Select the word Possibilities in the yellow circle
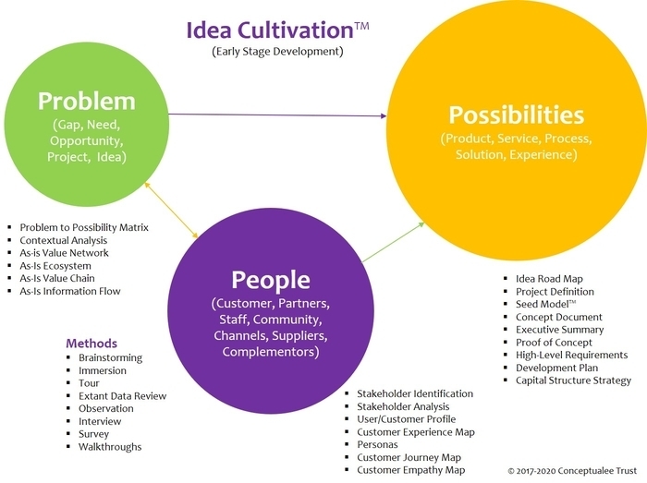516,115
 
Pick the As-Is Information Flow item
70,292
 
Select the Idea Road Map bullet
549,279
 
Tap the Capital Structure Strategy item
573,380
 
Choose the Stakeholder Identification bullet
415,393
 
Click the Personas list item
378,444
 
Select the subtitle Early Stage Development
277,51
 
